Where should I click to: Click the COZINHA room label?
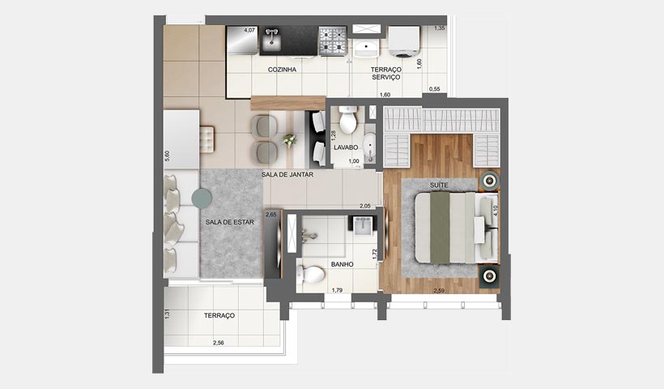(x=283, y=70)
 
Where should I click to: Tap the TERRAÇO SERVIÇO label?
(x=386, y=73)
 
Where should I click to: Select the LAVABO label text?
(x=346, y=148)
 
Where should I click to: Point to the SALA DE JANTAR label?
(x=287, y=174)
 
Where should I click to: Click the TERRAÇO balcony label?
(x=219, y=315)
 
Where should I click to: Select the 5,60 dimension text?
(x=167, y=157)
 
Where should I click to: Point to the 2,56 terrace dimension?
(x=219, y=343)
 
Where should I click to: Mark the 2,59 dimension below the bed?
(x=441, y=290)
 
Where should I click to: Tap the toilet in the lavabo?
(x=348, y=122)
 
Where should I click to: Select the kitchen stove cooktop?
(x=331, y=41)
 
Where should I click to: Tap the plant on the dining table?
(x=288, y=140)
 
